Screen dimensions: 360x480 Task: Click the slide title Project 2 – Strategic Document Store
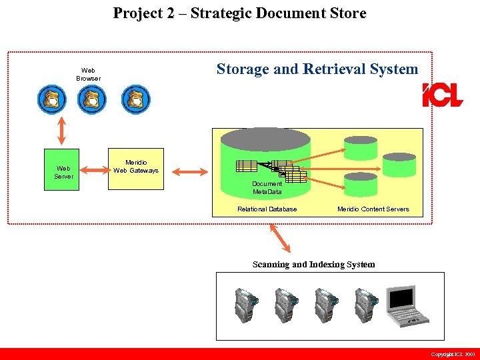(239, 13)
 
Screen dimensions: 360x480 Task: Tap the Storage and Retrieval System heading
(317, 69)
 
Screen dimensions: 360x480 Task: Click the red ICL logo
(442, 96)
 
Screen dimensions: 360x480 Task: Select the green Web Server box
(61, 169)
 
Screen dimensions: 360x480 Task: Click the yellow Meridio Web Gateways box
(136, 169)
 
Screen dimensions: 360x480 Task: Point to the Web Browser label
(88, 74)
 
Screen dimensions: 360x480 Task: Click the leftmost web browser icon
(51, 100)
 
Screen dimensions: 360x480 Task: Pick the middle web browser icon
(92, 100)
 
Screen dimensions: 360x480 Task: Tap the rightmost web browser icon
(135, 100)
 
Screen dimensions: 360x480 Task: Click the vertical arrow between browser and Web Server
(61, 130)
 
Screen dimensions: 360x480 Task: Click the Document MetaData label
(267, 187)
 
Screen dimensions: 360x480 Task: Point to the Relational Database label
(267, 209)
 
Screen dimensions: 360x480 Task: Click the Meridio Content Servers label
(373, 209)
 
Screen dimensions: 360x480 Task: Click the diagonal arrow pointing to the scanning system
(280, 237)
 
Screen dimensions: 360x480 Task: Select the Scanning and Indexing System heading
(313, 265)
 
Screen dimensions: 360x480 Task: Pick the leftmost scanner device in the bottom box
(245, 306)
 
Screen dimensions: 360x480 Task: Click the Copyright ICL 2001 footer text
(453, 354)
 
